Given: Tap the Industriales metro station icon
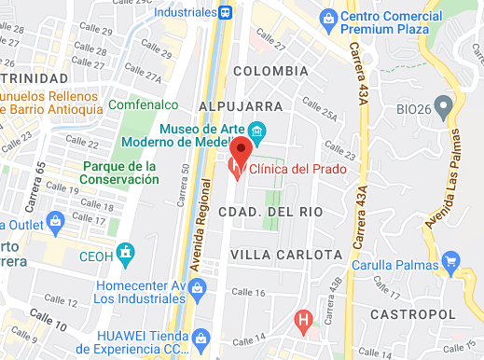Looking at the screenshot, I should pos(227,12).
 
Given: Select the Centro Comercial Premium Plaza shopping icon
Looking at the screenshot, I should pos(327,18).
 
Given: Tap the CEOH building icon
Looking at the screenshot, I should pos(127,252).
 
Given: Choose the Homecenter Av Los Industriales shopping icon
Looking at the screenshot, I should pos(197,291).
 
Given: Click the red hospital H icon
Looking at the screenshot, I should pos(302,322).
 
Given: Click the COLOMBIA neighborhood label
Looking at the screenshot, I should pos(270,71).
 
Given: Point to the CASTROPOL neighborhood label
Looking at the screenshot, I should pos(408,314).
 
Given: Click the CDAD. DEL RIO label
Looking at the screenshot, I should pos(270,212).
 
